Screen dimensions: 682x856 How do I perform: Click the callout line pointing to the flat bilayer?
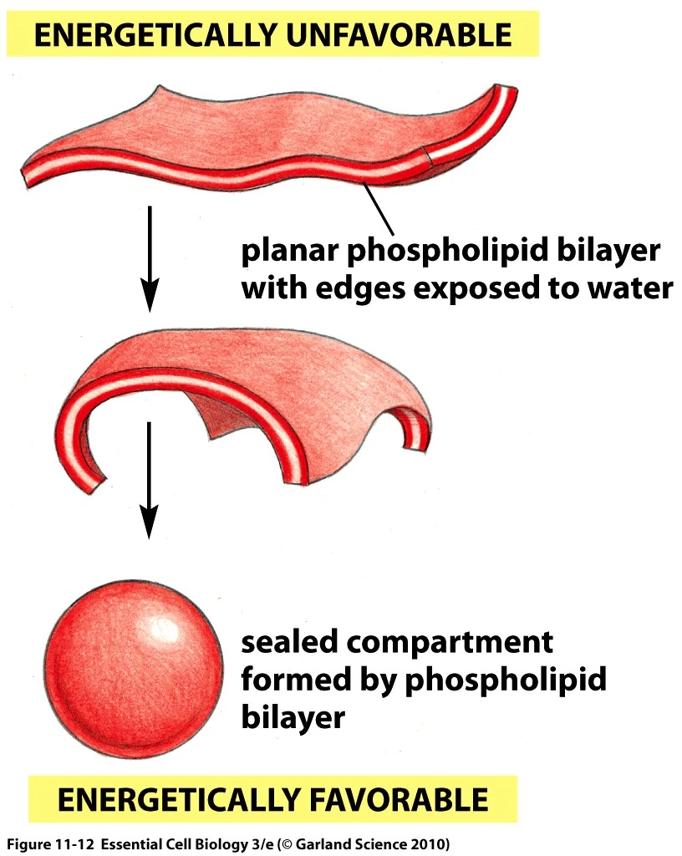[379, 209]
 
